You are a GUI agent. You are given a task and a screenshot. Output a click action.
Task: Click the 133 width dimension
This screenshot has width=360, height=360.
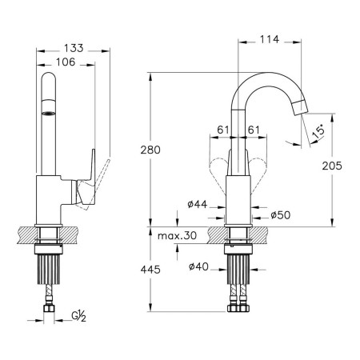(74, 48)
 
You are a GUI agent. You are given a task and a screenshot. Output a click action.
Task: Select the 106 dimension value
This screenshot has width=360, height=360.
(66, 62)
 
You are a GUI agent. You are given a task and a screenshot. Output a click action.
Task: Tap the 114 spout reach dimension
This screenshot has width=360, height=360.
(270, 39)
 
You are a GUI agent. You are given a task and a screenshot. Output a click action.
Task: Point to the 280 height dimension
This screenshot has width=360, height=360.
(150, 150)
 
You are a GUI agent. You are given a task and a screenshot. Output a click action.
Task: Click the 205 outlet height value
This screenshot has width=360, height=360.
(332, 166)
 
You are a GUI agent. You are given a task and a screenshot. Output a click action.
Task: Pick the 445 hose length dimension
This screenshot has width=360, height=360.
(150, 270)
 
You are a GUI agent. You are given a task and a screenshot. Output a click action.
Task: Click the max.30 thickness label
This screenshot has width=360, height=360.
(177, 235)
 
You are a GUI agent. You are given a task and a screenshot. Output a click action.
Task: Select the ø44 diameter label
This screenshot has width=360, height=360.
(198, 205)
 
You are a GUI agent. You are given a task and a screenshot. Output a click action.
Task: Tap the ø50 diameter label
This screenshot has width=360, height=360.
(281, 215)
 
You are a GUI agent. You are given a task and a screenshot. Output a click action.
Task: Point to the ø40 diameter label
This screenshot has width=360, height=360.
(198, 266)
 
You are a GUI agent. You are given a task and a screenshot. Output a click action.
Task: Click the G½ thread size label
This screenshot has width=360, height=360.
(78, 316)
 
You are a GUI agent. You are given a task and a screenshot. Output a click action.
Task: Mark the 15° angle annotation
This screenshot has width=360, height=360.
(318, 131)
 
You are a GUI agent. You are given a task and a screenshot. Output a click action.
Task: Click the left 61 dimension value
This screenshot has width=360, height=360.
(223, 130)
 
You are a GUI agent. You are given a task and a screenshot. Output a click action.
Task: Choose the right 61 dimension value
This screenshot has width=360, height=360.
(254, 130)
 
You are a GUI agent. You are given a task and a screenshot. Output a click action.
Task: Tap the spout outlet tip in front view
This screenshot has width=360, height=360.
(300, 107)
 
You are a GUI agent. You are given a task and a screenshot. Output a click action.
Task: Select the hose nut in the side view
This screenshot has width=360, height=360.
(49, 309)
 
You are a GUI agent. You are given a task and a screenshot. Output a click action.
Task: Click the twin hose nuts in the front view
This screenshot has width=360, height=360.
(238, 308)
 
